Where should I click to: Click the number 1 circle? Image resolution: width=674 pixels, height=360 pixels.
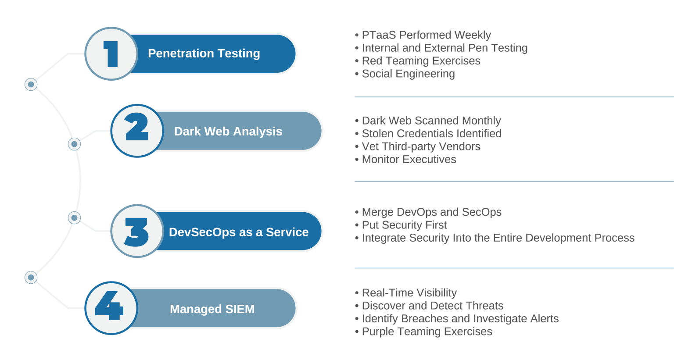tap(111, 53)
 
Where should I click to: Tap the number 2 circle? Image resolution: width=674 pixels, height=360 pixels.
tap(137, 130)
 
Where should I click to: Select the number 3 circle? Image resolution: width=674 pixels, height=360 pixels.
tap(137, 231)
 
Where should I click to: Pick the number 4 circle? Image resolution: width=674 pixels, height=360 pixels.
tap(111, 308)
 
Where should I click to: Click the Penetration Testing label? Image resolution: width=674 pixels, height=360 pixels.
tap(204, 53)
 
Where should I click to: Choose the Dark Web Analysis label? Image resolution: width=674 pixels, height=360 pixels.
tap(228, 131)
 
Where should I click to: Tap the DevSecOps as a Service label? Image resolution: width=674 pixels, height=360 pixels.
tap(239, 232)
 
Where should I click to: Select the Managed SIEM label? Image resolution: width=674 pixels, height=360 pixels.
tap(212, 309)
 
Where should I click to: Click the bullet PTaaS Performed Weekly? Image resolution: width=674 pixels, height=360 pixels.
tap(426, 35)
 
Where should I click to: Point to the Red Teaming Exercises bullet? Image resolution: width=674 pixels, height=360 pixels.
tap(420, 61)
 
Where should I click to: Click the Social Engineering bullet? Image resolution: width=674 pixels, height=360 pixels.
tap(408, 74)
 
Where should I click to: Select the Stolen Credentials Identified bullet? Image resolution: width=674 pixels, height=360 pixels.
tap(431, 133)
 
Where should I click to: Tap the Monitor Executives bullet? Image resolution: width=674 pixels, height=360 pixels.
tap(409, 159)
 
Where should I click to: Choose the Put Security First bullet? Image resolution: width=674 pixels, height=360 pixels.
tap(404, 225)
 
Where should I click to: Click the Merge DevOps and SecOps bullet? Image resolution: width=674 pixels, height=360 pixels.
tap(431, 212)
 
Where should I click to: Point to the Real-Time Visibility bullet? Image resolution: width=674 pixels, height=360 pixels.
tap(409, 292)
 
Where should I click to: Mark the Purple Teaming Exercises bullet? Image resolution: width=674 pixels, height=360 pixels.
tap(427, 331)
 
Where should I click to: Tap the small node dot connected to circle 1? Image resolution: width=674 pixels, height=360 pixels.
tap(31, 84)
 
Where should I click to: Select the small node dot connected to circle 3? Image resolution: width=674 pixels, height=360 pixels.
tap(75, 217)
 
